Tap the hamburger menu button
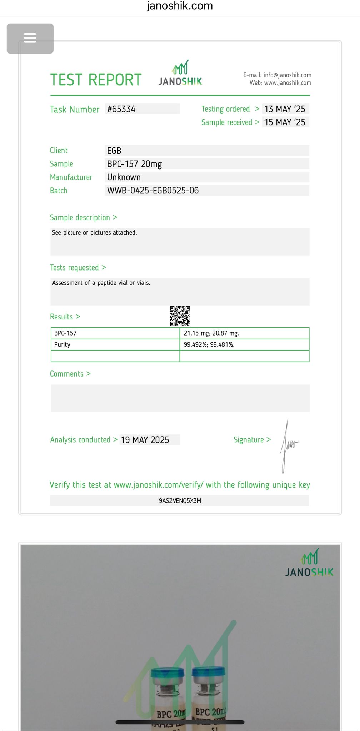[x=30, y=38]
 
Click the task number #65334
[x=121, y=109]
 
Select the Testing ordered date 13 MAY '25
[x=285, y=109]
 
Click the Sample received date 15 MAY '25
[x=285, y=122]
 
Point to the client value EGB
[x=114, y=151]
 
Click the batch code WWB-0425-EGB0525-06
[x=153, y=191]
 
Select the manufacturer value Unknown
[x=124, y=177]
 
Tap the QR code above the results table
[x=180, y=316]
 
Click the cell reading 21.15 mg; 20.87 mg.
[x=211, y=333]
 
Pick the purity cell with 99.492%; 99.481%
[x=209, y=345]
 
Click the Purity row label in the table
[x=62, y=345]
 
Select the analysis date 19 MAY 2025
[x=145, y=440]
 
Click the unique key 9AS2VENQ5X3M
[x=180, y=501]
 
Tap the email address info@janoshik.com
[x=287, y=75]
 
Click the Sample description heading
[x=80, y=218]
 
